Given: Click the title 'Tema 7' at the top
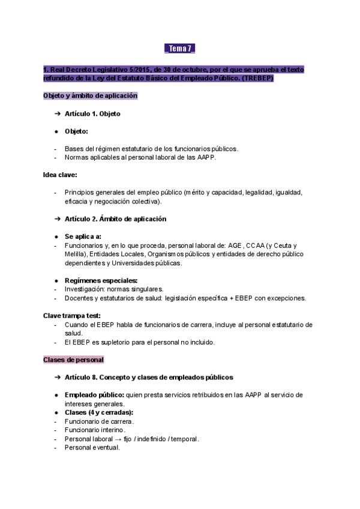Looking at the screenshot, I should pos(179,49).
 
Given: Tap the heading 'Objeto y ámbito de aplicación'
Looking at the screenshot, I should pos(90,95).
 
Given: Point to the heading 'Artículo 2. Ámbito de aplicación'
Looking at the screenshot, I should pos(116,219).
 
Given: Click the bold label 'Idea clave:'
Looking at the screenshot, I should pos(60,175).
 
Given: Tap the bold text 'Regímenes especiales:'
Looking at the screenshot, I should pos(101,280).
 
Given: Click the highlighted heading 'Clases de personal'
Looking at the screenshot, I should pos(73,360).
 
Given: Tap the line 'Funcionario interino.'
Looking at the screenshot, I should pos(95,430).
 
